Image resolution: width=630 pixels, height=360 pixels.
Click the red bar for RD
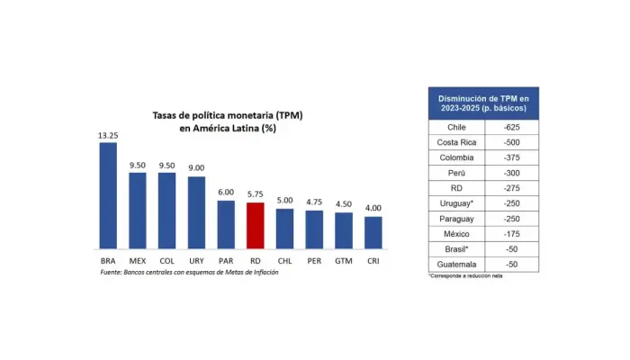point(255,225)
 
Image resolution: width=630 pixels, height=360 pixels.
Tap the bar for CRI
point(373,232)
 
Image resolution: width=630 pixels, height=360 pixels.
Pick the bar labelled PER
point(314,229)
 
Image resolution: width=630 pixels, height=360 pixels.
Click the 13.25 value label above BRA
point(108,135)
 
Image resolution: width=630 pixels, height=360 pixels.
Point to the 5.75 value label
point(255,194)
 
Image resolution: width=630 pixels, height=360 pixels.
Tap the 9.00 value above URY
point(196,168)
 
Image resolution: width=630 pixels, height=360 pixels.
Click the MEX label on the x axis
point(138,261)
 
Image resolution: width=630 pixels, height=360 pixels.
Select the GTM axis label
point(344,261)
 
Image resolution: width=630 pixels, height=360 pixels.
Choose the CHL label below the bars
point(284,261)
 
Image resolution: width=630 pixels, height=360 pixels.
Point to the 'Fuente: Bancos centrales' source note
point(189,272)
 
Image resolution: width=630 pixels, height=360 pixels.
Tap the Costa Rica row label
point(455,143)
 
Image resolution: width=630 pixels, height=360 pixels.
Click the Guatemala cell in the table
point(455,265)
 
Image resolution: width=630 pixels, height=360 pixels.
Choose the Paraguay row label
point(455,219)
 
